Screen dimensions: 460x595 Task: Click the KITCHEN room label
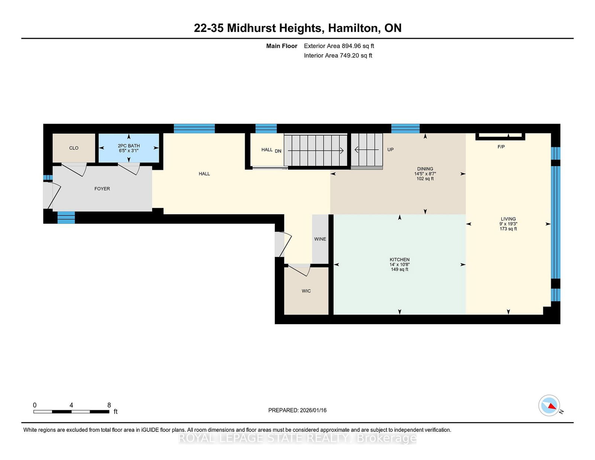[399, 260]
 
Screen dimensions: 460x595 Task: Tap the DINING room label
[425, 169]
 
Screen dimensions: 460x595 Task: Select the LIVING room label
[508, 219]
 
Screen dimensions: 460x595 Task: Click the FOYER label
[102, 189]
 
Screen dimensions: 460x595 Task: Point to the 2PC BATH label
[129, 146]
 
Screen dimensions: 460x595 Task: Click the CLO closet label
[74, 148]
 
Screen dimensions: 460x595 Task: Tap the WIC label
[306, 291]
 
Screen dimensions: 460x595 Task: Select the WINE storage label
[320, 239]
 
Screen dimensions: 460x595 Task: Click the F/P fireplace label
[501, 147]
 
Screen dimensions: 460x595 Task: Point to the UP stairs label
[390, 149]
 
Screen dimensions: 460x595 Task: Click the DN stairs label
[278, 151]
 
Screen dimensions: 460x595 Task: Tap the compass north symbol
[549, 405]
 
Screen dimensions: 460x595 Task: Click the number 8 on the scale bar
[109, 405]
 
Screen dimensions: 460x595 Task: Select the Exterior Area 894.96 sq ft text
[339, 46]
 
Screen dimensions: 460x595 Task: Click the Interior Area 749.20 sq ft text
[338, 55]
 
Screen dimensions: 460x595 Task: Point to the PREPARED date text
[297, 410]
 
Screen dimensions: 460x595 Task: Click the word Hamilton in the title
[353, 28]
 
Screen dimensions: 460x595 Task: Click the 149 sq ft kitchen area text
[399, 269]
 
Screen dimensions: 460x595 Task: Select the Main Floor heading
[282, 46]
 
